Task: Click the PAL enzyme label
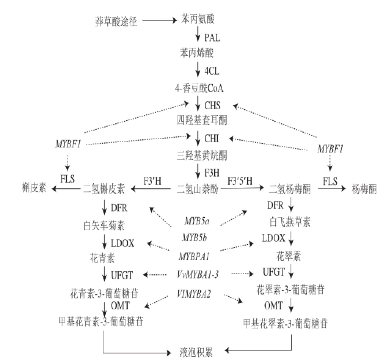tap(212, 37)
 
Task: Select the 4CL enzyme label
tap(212, 71)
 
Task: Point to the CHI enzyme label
tap(212, 139)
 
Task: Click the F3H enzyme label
tap(212, 172)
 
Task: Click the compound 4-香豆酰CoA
tap(200, 88)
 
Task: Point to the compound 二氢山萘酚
tap(197, 189)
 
